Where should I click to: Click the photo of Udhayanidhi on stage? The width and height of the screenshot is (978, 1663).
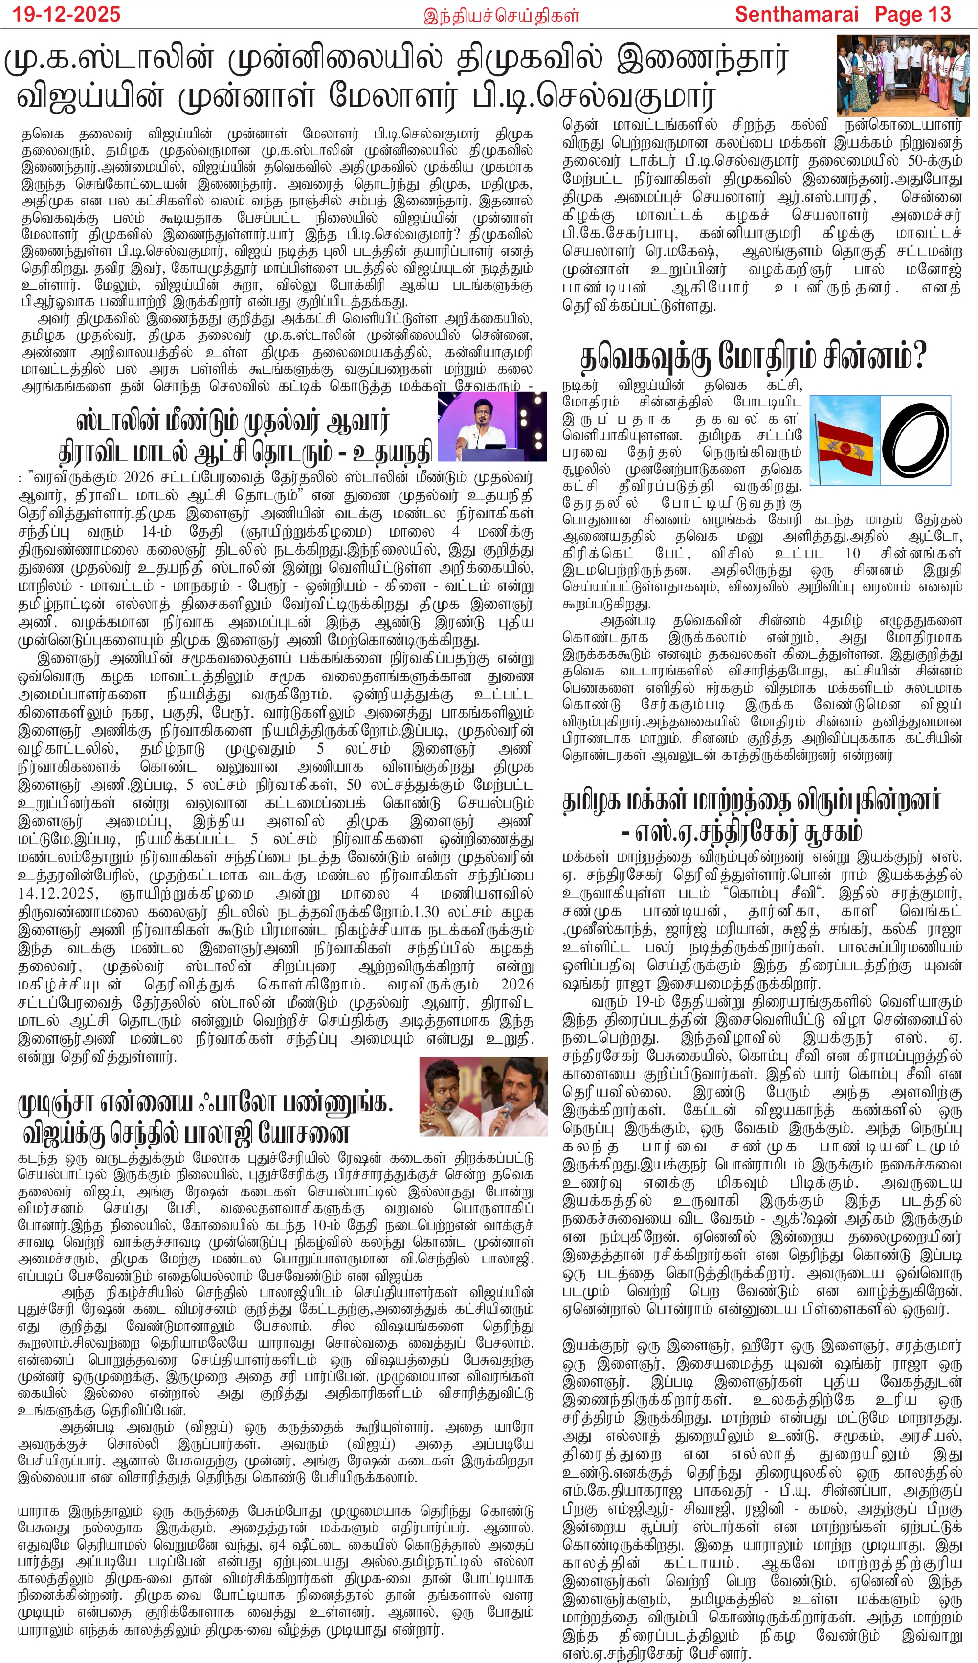(491, 426)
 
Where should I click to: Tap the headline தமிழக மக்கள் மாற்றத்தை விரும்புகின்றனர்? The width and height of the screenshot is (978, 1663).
(751, 801)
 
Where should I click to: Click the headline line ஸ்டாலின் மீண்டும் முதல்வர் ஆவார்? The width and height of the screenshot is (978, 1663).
(232, 420)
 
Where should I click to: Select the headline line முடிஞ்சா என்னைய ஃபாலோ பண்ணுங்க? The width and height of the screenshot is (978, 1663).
(205, 1103)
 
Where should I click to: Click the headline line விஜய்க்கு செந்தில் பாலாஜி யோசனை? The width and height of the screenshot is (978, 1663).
(185, 1133)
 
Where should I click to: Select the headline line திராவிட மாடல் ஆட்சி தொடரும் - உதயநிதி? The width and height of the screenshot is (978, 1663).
(245, 453)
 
